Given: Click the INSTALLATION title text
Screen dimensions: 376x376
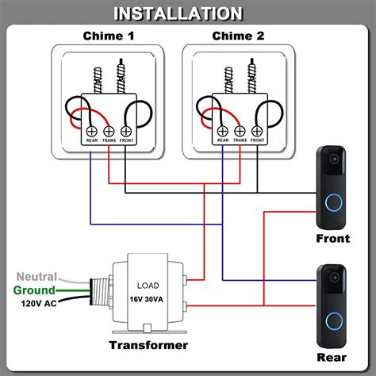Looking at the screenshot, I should pos(188,13).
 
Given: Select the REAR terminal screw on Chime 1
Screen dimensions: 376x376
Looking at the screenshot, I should pos(91,131).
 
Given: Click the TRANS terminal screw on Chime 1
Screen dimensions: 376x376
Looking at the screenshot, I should pos(109,131).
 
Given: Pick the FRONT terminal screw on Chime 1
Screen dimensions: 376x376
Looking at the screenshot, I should pos(127,131).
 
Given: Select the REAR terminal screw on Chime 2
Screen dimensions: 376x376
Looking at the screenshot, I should pos(222,131).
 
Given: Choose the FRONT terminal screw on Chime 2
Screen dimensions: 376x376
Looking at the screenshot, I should pos(257,131).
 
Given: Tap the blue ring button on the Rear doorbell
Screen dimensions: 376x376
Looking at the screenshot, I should pos(332,320).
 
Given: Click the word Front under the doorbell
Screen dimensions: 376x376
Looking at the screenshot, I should pos(332,237).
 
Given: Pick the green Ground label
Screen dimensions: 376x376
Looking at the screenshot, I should pos(33,290).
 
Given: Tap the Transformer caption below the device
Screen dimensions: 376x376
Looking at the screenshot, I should pos(149,345).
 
